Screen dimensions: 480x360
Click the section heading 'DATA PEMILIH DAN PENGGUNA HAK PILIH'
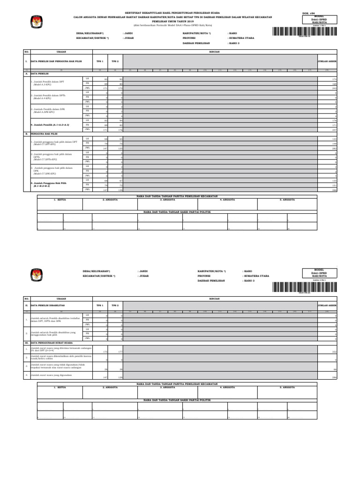click(56, 61)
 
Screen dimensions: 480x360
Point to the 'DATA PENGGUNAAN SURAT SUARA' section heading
click(55, 343)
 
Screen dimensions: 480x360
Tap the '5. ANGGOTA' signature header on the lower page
click(287, 388)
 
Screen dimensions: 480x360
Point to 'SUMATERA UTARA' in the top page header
click(241, 38)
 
